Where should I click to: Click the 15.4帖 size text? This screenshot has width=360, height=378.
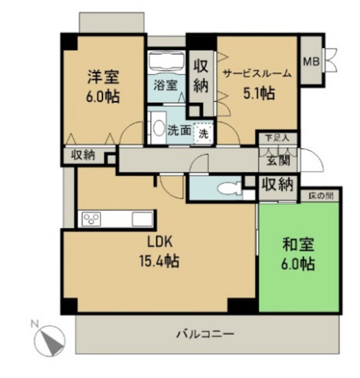tap(159, 262)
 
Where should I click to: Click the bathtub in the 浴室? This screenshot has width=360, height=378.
tap(166, 64)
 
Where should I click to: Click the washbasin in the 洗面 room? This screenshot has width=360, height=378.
tap(157, 128)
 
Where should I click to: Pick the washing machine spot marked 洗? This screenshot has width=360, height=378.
tap(203, 133)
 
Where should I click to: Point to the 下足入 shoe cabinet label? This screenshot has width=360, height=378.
tap(276, 138)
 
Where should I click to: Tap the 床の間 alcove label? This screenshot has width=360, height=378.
tap(320, 196)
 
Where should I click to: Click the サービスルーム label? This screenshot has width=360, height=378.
tap(257, 74)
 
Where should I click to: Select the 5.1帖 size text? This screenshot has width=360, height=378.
tap(258, 93)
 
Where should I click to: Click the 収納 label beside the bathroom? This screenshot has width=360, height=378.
tap(200, 75)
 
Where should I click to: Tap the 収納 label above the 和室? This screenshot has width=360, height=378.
tap(276, 184)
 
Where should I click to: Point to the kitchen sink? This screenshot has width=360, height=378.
tap(142, 219)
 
